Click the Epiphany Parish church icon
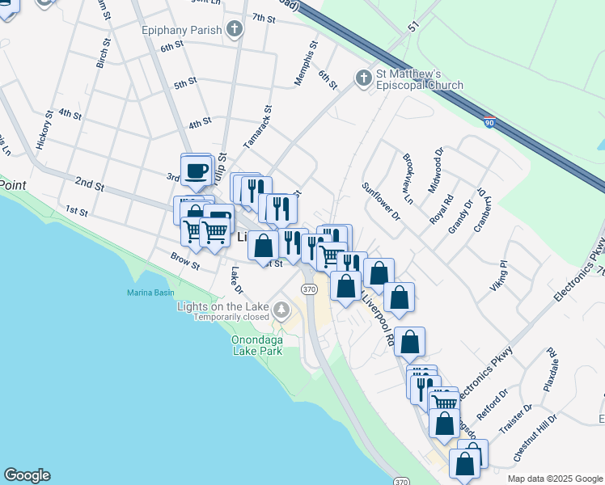click(235, 30)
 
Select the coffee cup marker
click(197, 171)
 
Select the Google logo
click(27, 475)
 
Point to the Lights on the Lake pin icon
click(281, 308)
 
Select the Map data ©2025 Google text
click(555, 478)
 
